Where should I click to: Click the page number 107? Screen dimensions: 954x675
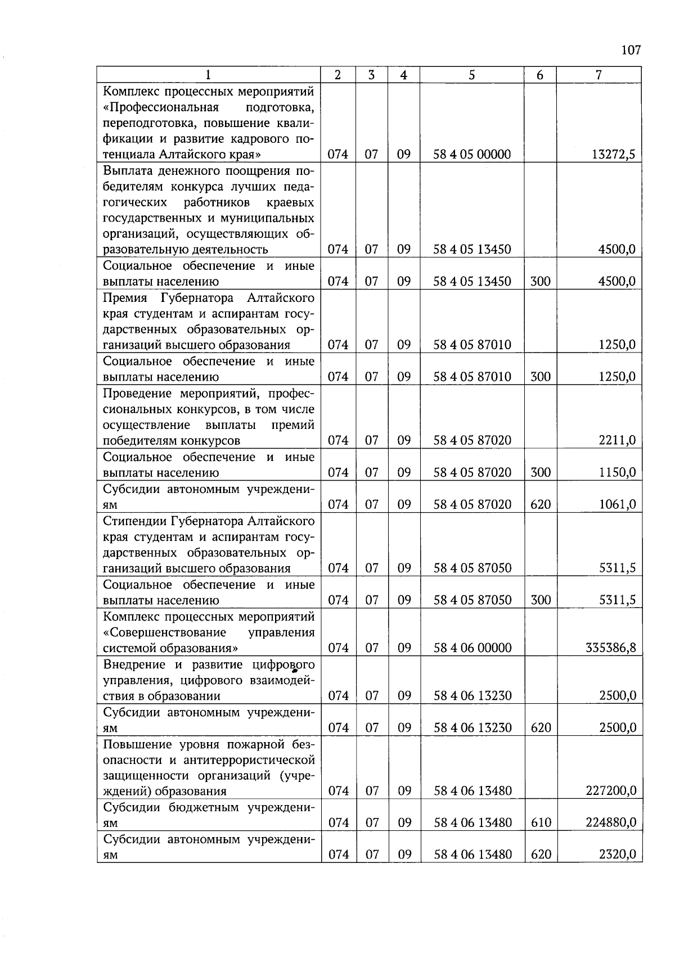(631, 51)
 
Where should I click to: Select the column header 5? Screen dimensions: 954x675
(471, 75)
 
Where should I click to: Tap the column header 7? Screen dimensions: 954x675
(599, 75)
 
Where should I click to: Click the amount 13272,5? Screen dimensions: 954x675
(614, 154)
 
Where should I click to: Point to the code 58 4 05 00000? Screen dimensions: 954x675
(472, 154)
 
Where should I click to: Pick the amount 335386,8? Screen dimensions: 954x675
(611, 648)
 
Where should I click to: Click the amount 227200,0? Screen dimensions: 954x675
(611, 791)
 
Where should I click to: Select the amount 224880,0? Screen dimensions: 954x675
(611, 823)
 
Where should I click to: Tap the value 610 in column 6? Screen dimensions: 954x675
(540, 823)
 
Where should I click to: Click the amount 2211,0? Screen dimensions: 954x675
(617, 440)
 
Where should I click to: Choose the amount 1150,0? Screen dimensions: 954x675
(617, 472)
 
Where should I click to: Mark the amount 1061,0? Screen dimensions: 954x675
(617, 504)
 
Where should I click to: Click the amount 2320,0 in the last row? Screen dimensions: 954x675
(617, 855)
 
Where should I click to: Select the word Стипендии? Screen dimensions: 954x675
(134, 521)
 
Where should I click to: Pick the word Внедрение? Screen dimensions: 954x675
(135, 664)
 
